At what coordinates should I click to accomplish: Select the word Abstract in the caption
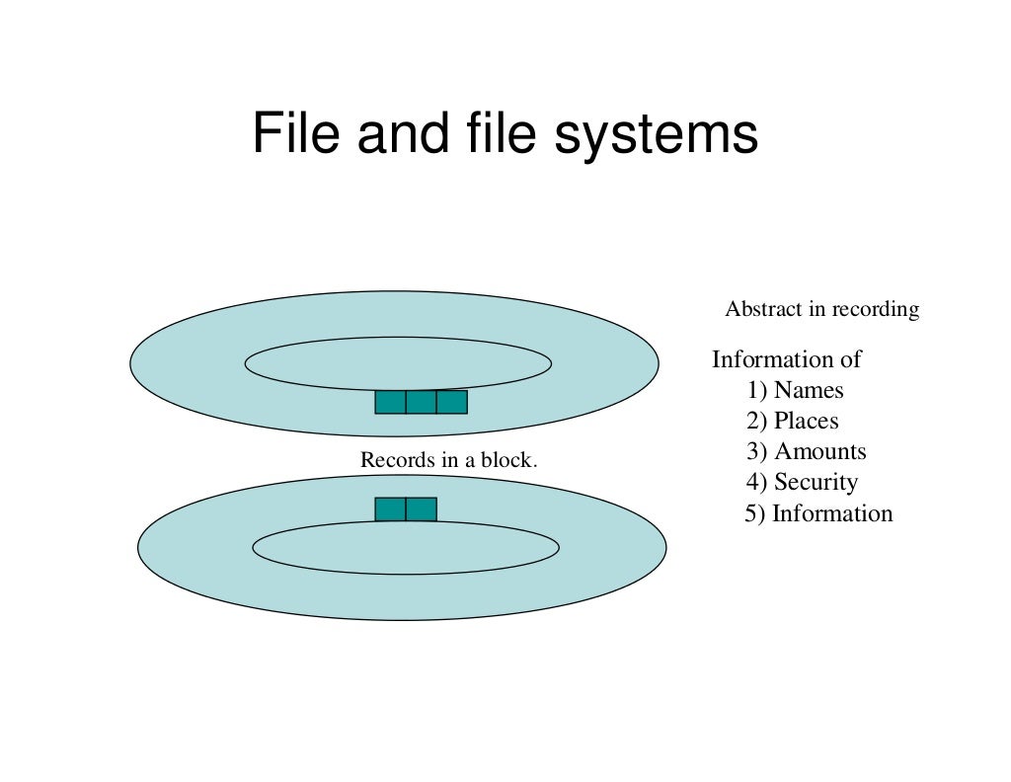(x=763, y=309)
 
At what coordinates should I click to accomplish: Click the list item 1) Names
(x=795, y=390)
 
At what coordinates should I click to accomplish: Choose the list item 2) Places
(x=792, y=421)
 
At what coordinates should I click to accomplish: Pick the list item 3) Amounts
(x=806, y=451)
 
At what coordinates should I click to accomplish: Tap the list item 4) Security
(x=802, y=482)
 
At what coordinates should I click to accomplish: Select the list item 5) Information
(x=818, y=513)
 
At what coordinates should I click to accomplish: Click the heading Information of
(x=787, y=359)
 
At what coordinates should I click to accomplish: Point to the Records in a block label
(x=448, y=460)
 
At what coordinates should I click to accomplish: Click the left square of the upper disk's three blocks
(x=390, y=402)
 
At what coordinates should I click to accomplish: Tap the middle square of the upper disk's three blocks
(x=421, y=402)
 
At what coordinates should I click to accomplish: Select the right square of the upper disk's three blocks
(x=451, y=402)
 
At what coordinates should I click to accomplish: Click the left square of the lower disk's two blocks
(x=390, y=509)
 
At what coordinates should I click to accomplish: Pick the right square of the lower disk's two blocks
(x=421, y=509)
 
